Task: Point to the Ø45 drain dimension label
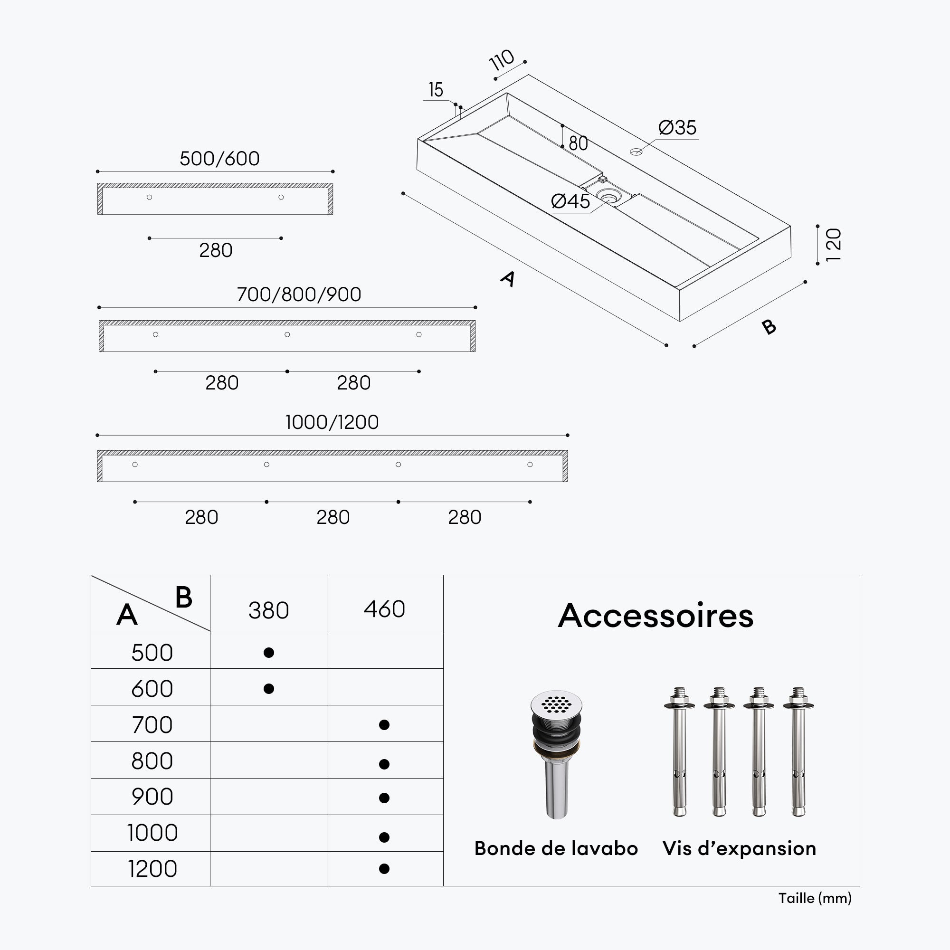(570, 201)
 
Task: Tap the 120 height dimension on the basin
(834, 245)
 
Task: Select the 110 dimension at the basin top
(502, 60)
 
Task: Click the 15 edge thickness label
(436, 90)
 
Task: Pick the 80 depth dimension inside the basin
(578, 143)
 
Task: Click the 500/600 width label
(219, 159)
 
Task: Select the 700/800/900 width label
(299, 294)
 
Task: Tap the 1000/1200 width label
(332, 422)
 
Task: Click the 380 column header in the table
(268, 611)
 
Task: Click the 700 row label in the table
(152, 725)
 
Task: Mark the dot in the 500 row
(268, 653)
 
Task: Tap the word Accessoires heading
(655, 616)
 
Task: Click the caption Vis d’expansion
(739, 849)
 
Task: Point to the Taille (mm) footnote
(815, 898)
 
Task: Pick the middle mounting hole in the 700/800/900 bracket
(287, 334)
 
